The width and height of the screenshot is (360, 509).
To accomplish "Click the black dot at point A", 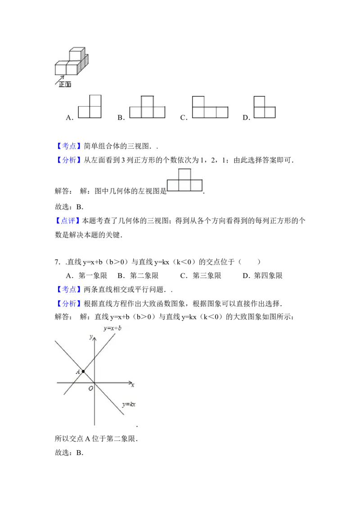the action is tap(83, 371).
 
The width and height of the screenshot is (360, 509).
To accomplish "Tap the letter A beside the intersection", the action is tap(78, 372).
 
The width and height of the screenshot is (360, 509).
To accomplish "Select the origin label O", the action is tap(90, 388).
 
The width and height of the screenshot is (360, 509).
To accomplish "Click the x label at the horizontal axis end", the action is tap(133, 385).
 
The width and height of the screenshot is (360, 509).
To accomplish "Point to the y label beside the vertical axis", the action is tap(90, 336).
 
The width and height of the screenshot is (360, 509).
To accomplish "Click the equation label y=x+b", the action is tap(112, 328).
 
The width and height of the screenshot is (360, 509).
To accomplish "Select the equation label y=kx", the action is tap(129, 404).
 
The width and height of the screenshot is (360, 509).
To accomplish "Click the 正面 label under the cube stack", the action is tap(65, 85).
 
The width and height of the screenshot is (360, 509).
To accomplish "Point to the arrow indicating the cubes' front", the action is tap(60, 79).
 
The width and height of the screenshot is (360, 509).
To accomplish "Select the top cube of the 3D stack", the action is tap(76, 54).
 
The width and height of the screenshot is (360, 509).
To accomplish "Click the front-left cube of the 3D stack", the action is tap(61, 69).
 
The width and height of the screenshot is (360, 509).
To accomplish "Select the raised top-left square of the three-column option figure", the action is tap(198, 100).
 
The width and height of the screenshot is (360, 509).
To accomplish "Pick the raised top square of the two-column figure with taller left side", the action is tap(259, 101).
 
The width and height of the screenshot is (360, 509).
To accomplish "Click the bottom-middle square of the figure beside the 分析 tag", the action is tap(184, 185).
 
